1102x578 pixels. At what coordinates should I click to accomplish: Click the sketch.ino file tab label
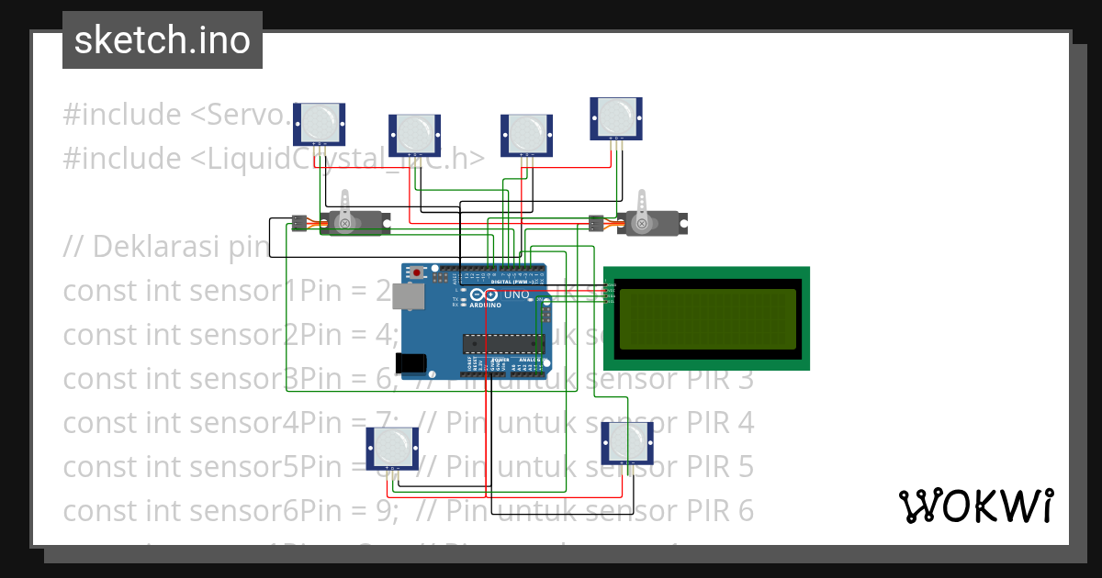162,40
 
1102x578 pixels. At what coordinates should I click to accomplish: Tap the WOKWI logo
975,506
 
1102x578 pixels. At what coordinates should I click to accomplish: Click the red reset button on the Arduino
418,272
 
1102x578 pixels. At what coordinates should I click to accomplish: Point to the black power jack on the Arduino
412,363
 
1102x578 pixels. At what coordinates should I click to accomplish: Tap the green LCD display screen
707,319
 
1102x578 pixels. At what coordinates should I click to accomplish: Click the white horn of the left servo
345,210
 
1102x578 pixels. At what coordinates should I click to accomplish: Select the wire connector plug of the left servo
299,222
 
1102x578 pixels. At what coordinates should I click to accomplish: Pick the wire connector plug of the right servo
596,222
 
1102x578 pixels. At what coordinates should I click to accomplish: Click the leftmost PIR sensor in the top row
319,123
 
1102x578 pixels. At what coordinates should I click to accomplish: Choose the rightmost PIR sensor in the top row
616,118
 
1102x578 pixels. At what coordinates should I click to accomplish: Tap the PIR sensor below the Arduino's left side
393,449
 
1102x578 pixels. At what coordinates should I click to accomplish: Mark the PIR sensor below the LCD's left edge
627,443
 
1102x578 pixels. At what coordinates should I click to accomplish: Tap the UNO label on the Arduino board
516,295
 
